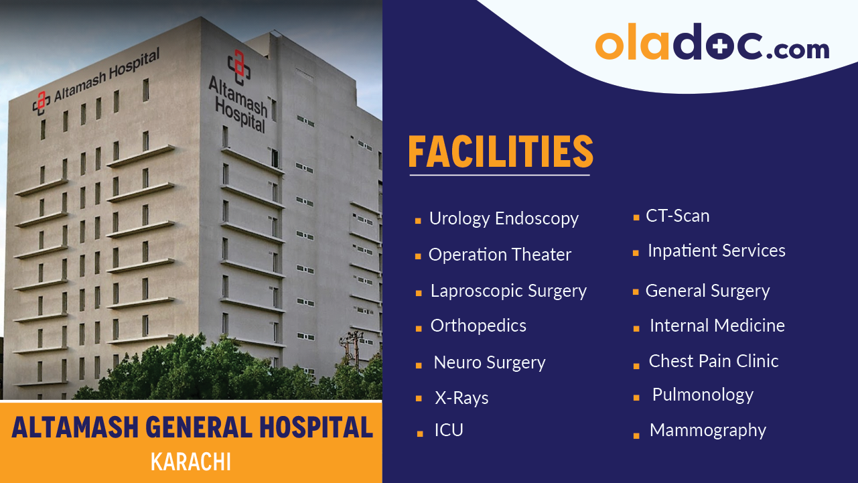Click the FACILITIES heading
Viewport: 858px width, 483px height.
pos(500,153)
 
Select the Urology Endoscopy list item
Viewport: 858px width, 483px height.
pos(504,219)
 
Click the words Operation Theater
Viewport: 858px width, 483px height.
pos(500,255)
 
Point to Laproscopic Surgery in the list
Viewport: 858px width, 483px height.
pos(508,291)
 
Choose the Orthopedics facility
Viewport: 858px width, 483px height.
pos(478,326)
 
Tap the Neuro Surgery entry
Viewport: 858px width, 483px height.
pos(490,363)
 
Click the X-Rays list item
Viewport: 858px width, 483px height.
pos(461,398)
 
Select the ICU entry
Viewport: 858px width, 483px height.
pos(449,430)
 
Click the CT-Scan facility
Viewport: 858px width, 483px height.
pos(677,216)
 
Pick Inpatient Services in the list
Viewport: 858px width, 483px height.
pos(716,251)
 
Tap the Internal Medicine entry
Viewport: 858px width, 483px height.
pos(717,326)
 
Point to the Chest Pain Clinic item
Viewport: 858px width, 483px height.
pos(713,361)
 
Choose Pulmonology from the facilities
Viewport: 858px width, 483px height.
pos(703,395)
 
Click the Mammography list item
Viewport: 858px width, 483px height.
pos(707,431)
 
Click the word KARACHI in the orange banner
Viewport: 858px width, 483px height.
pos(191,462)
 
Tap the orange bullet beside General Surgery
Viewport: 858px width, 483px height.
pos(636,293)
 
